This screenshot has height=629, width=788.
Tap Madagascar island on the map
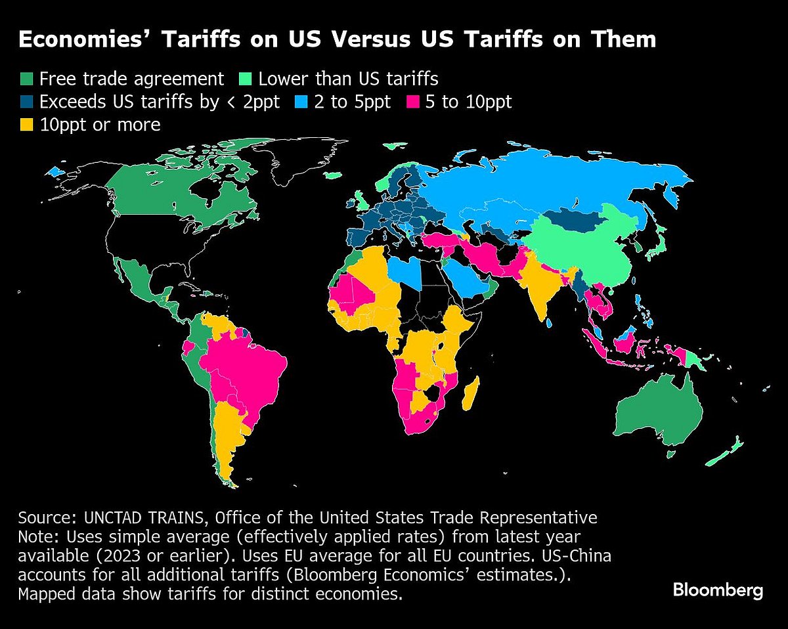(x=471, y=391)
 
